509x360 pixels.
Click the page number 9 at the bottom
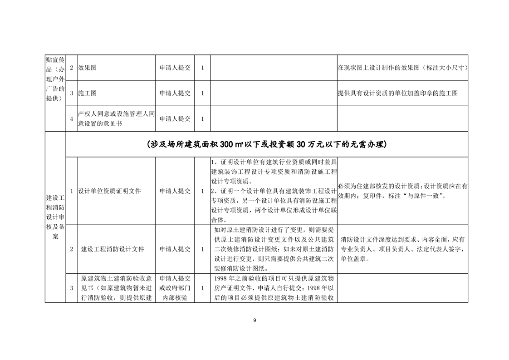click(254, 321)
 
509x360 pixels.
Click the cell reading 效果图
click(87, 68)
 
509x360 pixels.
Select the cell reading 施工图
click(87, 93)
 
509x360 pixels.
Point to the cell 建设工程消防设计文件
click(113, 249)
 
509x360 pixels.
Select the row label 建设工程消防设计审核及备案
click(55, 217)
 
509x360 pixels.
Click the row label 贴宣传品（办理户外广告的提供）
click(55, 80)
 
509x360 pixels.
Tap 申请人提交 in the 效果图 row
click(175, 68)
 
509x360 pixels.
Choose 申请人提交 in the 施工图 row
click(175, 93)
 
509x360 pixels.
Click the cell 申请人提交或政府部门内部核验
click(175, 288)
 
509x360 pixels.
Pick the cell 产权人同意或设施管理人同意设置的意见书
click(116, 119)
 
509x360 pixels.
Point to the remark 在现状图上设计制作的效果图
click(402, 68)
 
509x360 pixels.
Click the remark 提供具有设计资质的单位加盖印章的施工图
click(397, 93)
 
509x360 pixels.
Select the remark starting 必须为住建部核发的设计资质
click(402, 191)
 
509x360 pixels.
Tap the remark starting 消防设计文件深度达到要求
click(402, 249)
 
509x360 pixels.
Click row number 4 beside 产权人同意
click(72, 119)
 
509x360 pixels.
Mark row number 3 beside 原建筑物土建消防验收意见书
click(72, 288)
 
